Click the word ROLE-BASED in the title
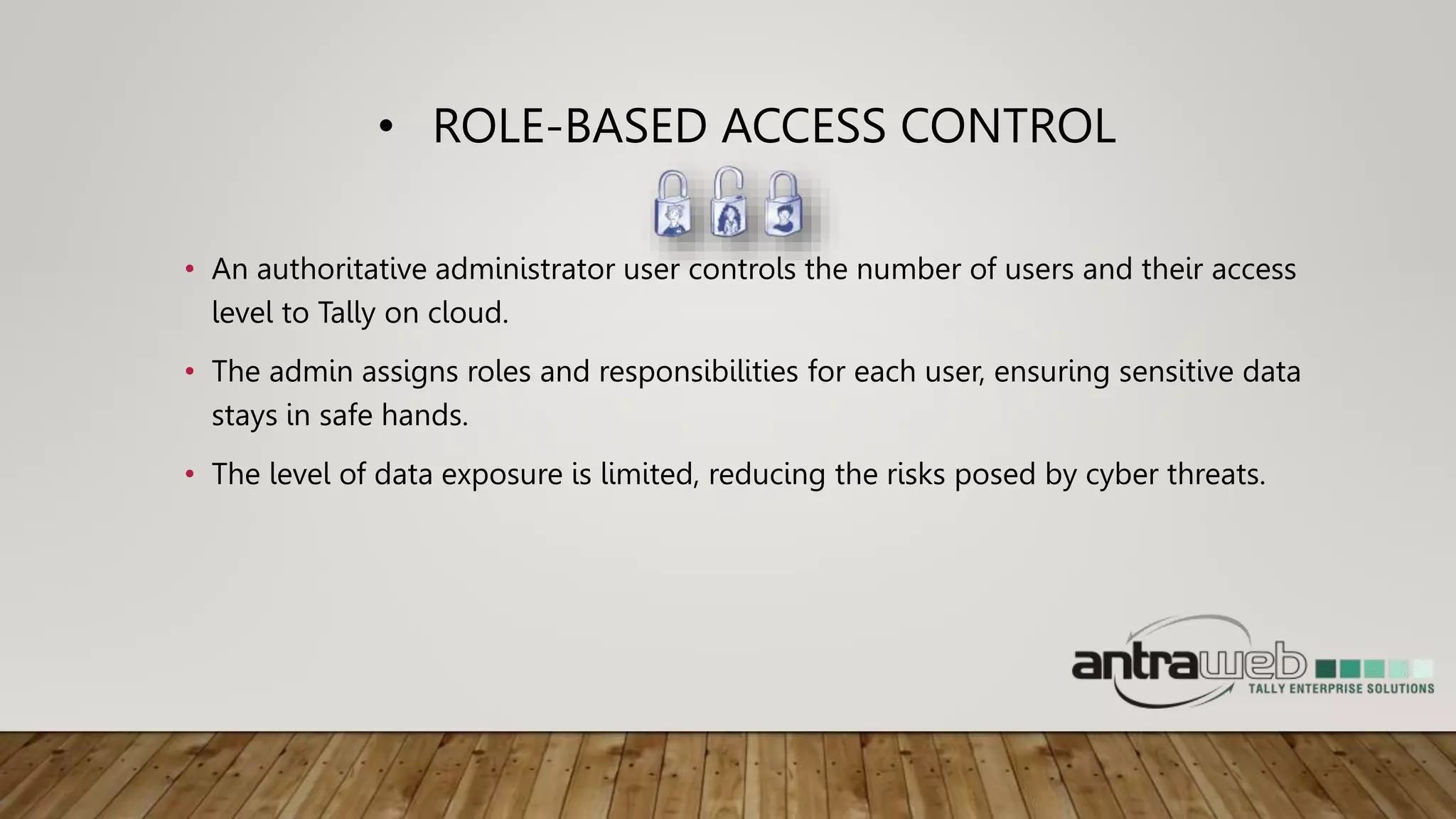click(569, 127)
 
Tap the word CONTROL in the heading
click(1007, 127)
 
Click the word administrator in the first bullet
click(524, 269)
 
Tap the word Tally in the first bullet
click(346, 313)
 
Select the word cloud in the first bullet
click(467, 313)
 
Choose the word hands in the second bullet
click(424, 415)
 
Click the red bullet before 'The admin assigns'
click(189, 372)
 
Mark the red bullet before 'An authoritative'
click(189, 269)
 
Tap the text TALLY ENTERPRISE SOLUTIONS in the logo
click(1341, 688)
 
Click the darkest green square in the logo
click(1326, 668)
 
